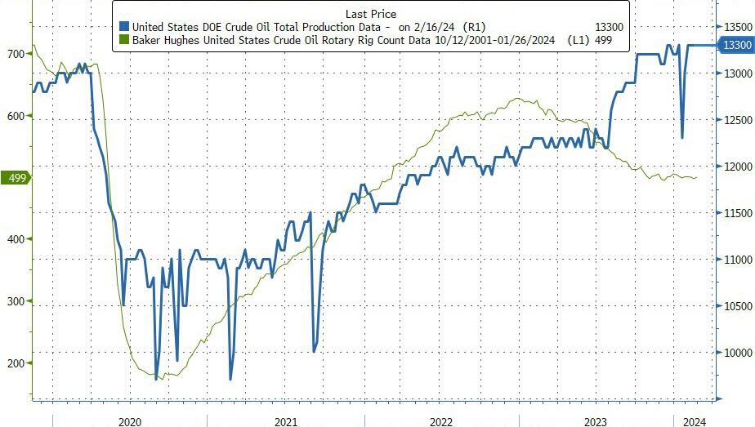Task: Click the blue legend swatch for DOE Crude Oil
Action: click(123, 27)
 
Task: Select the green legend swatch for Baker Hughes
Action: click(123, 39)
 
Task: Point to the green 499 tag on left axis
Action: click(15, 177)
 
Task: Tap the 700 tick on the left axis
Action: click(16, 54)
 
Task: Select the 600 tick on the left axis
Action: click(16, 116)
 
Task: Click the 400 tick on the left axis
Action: click(16, 239)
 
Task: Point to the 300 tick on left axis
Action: click(16, 301)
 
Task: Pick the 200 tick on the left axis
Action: click(16, 363)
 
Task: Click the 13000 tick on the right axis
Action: click(736, 73)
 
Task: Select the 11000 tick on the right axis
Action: click(736, 260)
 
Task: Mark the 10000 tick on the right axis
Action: click(736, 353)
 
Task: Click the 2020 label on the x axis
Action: click(131, 420)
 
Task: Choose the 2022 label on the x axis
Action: click(440, 420)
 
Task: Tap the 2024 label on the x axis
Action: click(695, 420)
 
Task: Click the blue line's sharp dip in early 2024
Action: click(681, 137)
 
